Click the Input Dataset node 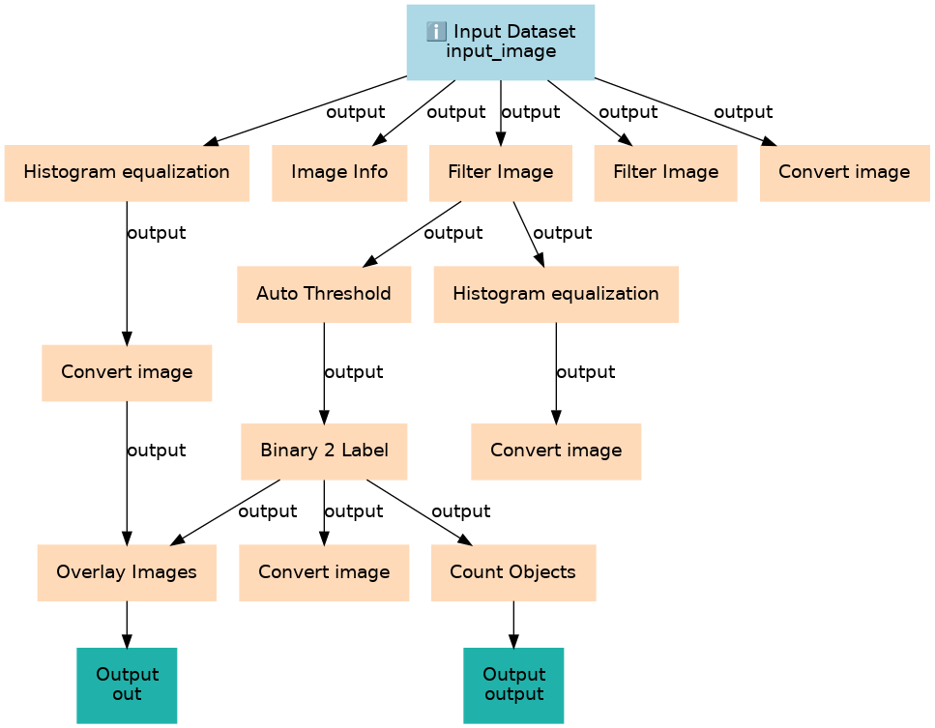[500, 42]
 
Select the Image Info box [339, 172]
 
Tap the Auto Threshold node [324, 293]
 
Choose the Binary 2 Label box [324, 451]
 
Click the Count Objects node [512, 571]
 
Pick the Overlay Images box [127, 571]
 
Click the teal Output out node [127, 684]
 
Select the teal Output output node [512, 684]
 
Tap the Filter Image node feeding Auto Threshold [500, 172]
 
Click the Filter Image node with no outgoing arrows [665, 172]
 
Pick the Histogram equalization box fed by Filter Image [555, 293]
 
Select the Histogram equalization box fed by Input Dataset [127, 172]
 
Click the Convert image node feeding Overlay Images [127, 371]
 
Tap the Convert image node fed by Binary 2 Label [324, 571]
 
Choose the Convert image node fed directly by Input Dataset [844, 172]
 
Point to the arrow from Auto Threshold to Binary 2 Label [324, 373]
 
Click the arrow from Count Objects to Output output [512, 625]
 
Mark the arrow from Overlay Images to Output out [127, 625]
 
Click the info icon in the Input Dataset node [435, 32]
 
